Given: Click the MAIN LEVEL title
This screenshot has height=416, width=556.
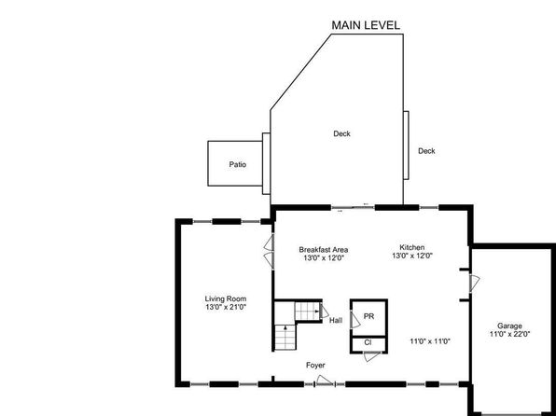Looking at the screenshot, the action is (x=366, y=25).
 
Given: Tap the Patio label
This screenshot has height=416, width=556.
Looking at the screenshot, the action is (x=237, y=164).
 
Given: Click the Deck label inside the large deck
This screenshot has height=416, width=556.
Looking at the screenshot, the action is (x=341, y=133).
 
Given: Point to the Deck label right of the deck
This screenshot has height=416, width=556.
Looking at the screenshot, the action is (x=426, y=151).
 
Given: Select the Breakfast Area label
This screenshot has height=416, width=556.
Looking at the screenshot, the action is (x=324, y=250).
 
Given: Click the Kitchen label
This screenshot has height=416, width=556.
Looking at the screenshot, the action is (x=412, y=247).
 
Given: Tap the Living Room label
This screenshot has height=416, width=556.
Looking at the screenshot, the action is (x=226, y=299).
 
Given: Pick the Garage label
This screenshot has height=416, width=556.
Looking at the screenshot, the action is (x=509, y=326).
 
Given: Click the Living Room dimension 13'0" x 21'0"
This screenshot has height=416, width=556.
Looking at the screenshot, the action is (x=226, y=307).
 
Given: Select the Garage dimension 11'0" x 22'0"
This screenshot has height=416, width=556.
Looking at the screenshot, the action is (x=509, y=334).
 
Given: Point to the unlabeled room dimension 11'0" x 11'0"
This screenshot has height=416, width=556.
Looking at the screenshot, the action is (x=430, y=341).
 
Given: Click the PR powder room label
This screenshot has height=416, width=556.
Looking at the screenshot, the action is (x=368, y=316).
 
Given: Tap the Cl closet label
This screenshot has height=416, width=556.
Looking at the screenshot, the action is (x=368, y=342).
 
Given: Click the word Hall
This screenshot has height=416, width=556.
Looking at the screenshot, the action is (x=336, y=321).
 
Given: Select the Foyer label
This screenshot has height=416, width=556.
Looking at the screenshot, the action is (x=315, y=365).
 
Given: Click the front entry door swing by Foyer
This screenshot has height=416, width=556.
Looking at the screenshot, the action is (x=325, y=380).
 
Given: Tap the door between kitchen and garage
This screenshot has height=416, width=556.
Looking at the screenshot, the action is (x=475, y=283).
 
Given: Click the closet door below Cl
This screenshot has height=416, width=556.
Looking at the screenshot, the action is (x=372, y=357).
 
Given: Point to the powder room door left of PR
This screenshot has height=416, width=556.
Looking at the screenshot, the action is (x=355, y=319).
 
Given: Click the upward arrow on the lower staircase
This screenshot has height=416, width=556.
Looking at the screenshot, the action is (x=285, y=328).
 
